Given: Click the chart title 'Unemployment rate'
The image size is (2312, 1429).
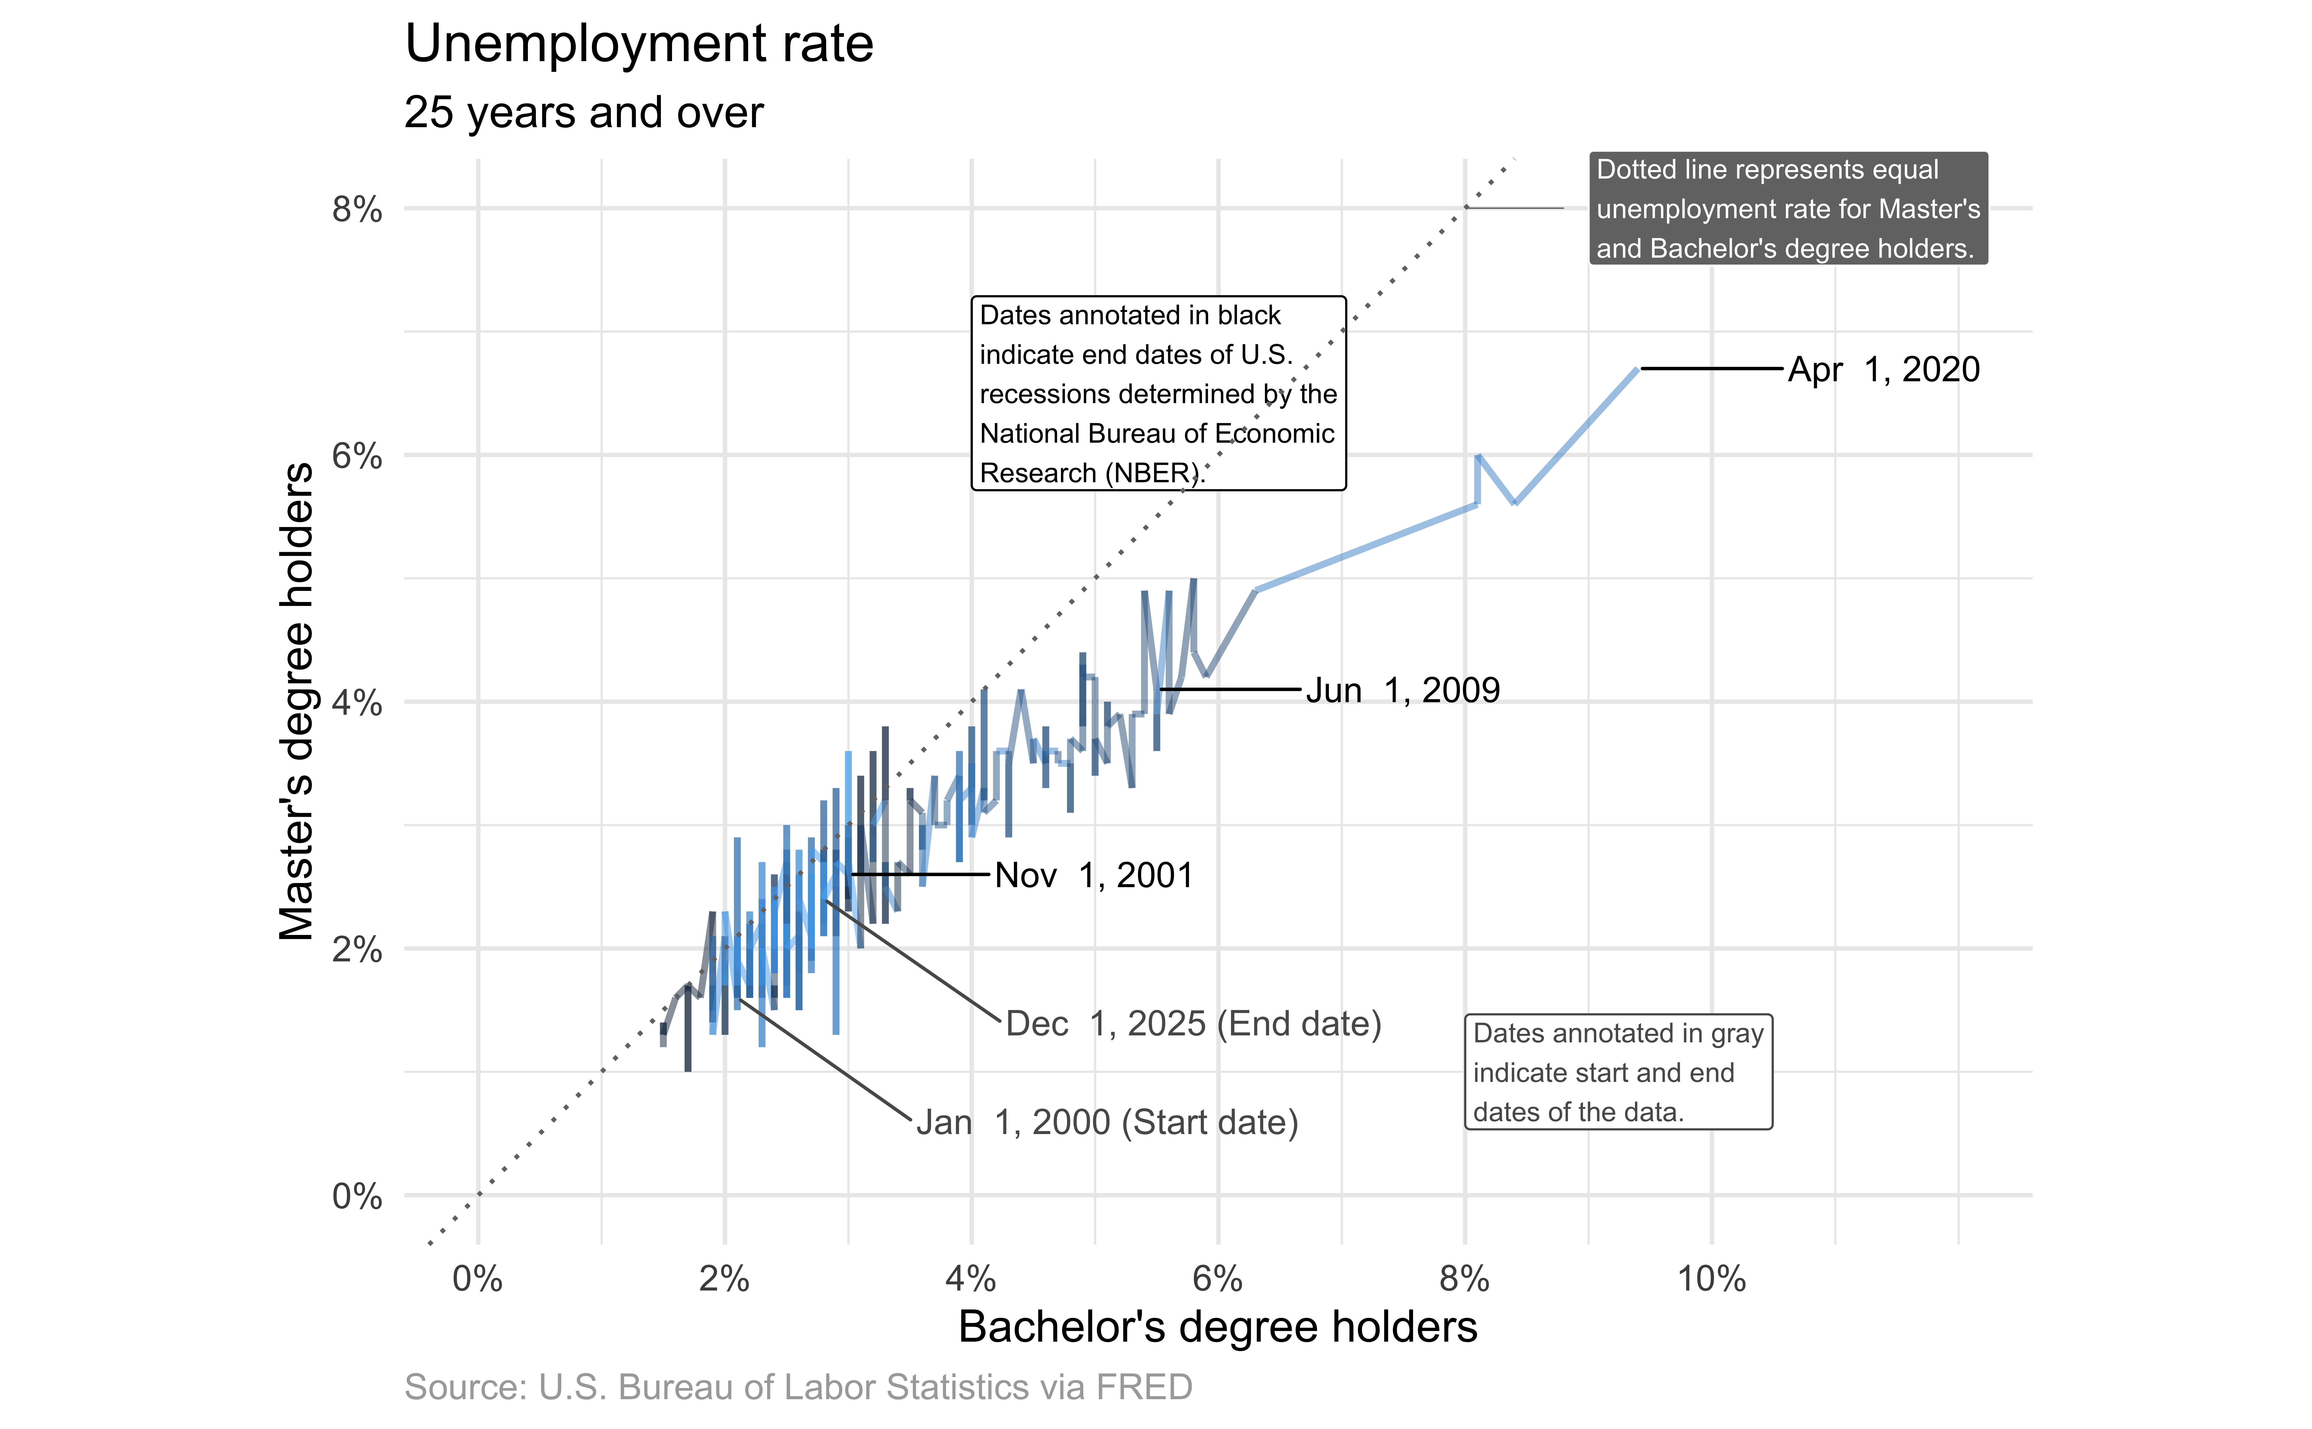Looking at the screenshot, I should pos(639,44).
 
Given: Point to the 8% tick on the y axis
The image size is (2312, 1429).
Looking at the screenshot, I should pos(357,209).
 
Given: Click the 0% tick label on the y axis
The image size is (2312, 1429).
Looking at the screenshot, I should pos(357,1196).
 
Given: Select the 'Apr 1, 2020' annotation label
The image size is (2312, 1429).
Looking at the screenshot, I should pos(1883,369).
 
